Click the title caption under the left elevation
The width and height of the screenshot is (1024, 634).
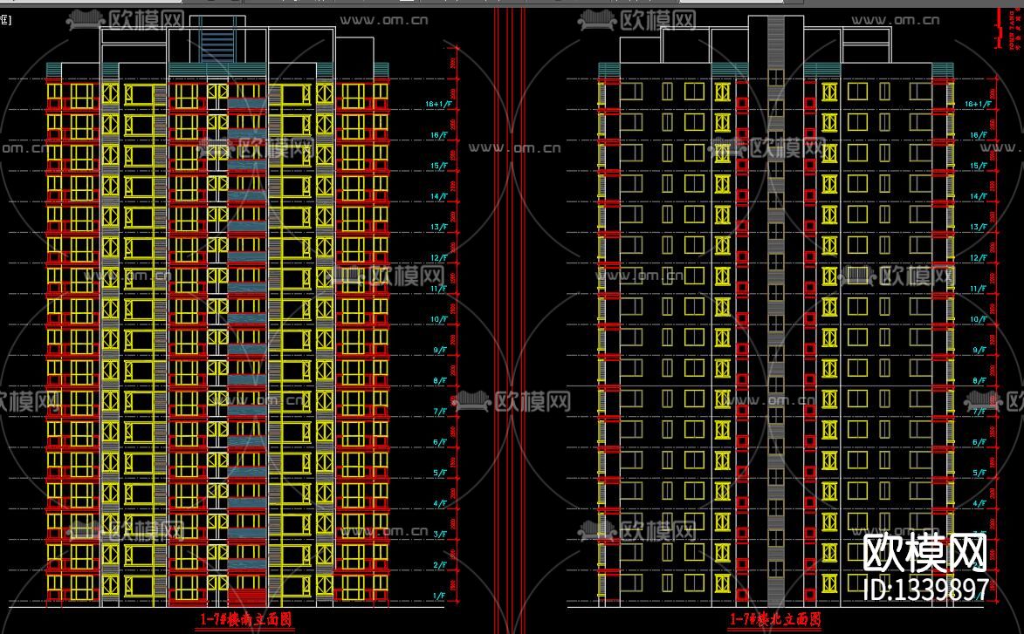pyautogui.click(x=245, y=620)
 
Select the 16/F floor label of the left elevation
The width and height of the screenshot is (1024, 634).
pyautogui.click(x=436, y=135)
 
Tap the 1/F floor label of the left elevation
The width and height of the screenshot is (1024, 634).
pyautogui.click(x=438, y=596)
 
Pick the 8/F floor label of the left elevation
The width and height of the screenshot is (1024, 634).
pyautogui.click(x=438, y=381)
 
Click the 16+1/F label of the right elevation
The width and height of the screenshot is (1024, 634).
pyautogui.click(x=978, y=104)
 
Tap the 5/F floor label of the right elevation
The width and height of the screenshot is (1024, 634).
pyautogui.click(x=979, y=473)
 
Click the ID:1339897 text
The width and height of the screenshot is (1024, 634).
pyautogui.click(x=925, y=590)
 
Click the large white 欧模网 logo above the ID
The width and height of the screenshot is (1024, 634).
pyautogui.click(x=925, y=551)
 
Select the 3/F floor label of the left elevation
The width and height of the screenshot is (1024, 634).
pyautogui.click(x=438, y=535)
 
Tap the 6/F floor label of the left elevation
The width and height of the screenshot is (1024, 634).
pyautogui.click(x=438, y=442)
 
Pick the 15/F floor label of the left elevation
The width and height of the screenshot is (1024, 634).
pyautogui.click(x=436, y=166)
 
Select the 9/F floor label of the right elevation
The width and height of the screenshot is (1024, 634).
pyautogui.click(x=979, y=350)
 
